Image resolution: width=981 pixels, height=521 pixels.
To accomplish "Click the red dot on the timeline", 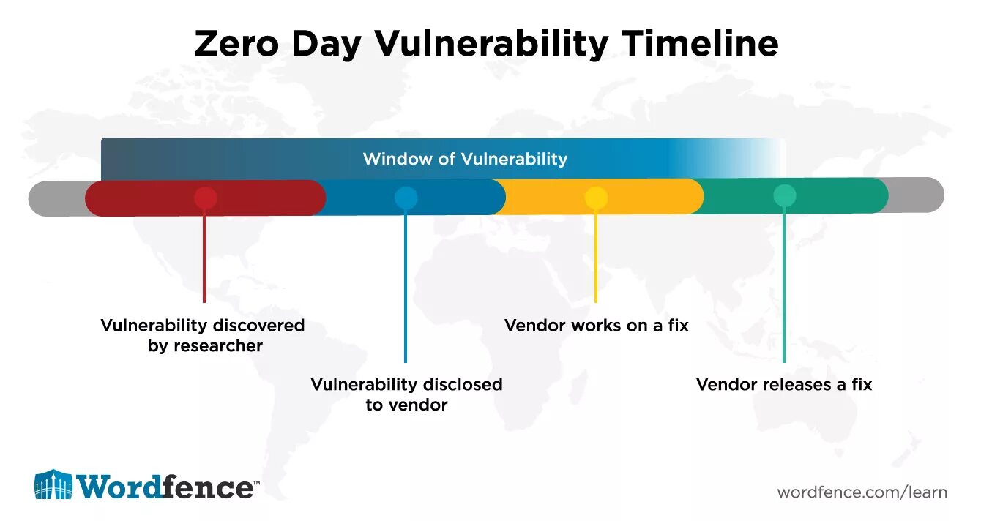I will tap(205, 198).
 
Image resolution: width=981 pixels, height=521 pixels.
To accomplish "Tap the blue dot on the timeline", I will tap(406, 198).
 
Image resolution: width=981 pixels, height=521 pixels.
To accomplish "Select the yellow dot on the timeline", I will tap(596, 197).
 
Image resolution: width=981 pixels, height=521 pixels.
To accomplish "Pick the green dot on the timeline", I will tap(784, 195).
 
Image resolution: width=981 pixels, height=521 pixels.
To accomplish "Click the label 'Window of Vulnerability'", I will tap(465, 159).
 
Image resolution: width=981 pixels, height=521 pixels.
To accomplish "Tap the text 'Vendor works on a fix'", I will tap(596, 325).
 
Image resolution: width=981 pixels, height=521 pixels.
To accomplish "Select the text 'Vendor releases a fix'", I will tap(784, 384).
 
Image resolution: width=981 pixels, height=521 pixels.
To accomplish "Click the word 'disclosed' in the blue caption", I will tap(460, 384).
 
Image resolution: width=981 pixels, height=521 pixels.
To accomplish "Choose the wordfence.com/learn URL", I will tap(862, 492).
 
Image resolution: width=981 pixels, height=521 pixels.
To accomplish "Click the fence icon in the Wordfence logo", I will tap(53, 484).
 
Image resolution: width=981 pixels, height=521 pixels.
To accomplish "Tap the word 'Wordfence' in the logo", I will tap(166, 487).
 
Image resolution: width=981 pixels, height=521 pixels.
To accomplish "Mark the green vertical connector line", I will tap(784, 285).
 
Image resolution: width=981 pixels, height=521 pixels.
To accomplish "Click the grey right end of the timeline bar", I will tap(919, 195).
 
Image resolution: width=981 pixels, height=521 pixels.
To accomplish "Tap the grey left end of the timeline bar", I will tap(56, 198).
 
